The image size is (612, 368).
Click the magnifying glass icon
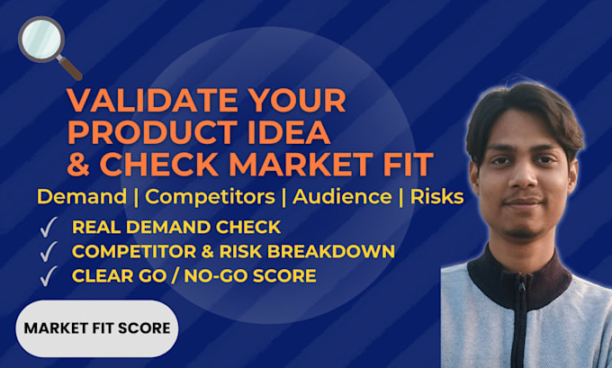coord(49,47)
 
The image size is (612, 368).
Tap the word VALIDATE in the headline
coord(153,101)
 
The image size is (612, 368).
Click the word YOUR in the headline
coord(297,101)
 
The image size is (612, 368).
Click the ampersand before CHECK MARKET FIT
coord(79,164)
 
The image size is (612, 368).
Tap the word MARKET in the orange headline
coord(297,164)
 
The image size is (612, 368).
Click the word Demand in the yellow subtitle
coord(82,197)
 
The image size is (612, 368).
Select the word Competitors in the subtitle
coord(210,197)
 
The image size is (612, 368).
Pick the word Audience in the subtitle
coord(342,197)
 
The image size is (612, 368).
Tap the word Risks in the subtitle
coord(436,197)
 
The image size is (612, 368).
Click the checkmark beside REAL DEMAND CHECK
coord(49,227)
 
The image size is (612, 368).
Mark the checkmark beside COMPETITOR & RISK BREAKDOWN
coord(49,252)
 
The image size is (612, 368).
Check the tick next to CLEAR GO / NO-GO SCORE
coord(49,276)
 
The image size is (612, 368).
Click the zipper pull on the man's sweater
coord(522,287)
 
